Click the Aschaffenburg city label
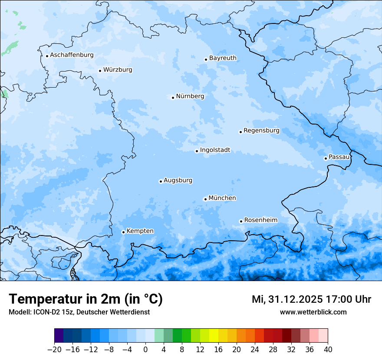click(72, 55)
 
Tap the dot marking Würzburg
click(100, 71)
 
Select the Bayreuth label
click(223, 58)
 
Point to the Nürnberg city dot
click(173, 98)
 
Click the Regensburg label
click(261, 130)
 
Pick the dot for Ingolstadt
click(197, 151)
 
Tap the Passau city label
click(339, 157)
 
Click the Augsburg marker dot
click(161, 181)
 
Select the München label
click(222, 198)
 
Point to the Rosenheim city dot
click(241, 221)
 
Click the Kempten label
click(140, 231)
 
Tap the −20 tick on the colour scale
click(55, 350)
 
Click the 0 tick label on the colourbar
click(145, 350)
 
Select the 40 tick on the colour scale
click(328, 350)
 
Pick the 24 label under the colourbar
click(255, 350)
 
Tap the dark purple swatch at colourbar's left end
click(59, 336)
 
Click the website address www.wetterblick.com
click(313, 312)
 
